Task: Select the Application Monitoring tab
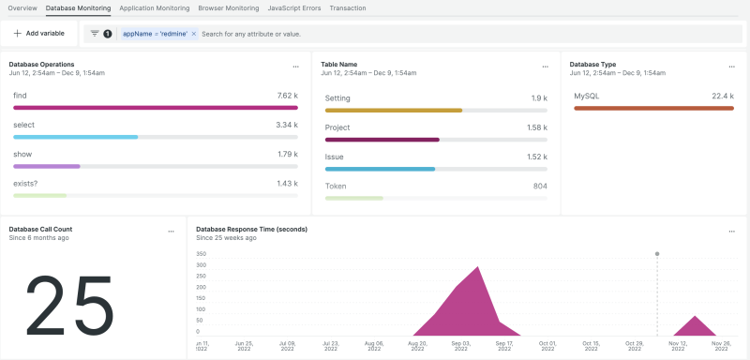click(x=155, y=7)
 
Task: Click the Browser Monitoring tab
click(x=229, y=7)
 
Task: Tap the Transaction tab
click(x=348, y=7)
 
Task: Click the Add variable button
click(x=38, y=33)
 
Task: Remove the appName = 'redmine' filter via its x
click(x=193, y=33)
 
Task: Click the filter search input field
click(x=375, y=33)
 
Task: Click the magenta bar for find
click(x=155, y=108)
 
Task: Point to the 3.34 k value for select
click(x=287, y=124)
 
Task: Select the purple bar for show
click(x=47, y=166)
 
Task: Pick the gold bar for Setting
click(x=393, y=110)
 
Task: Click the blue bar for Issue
click(x=380, y=169)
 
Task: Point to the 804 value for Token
click(x=540, y=186)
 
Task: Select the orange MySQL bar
click(x=652, y=108)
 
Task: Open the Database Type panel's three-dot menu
click(x=732, y=67)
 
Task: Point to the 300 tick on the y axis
click(x=201, y=265)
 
